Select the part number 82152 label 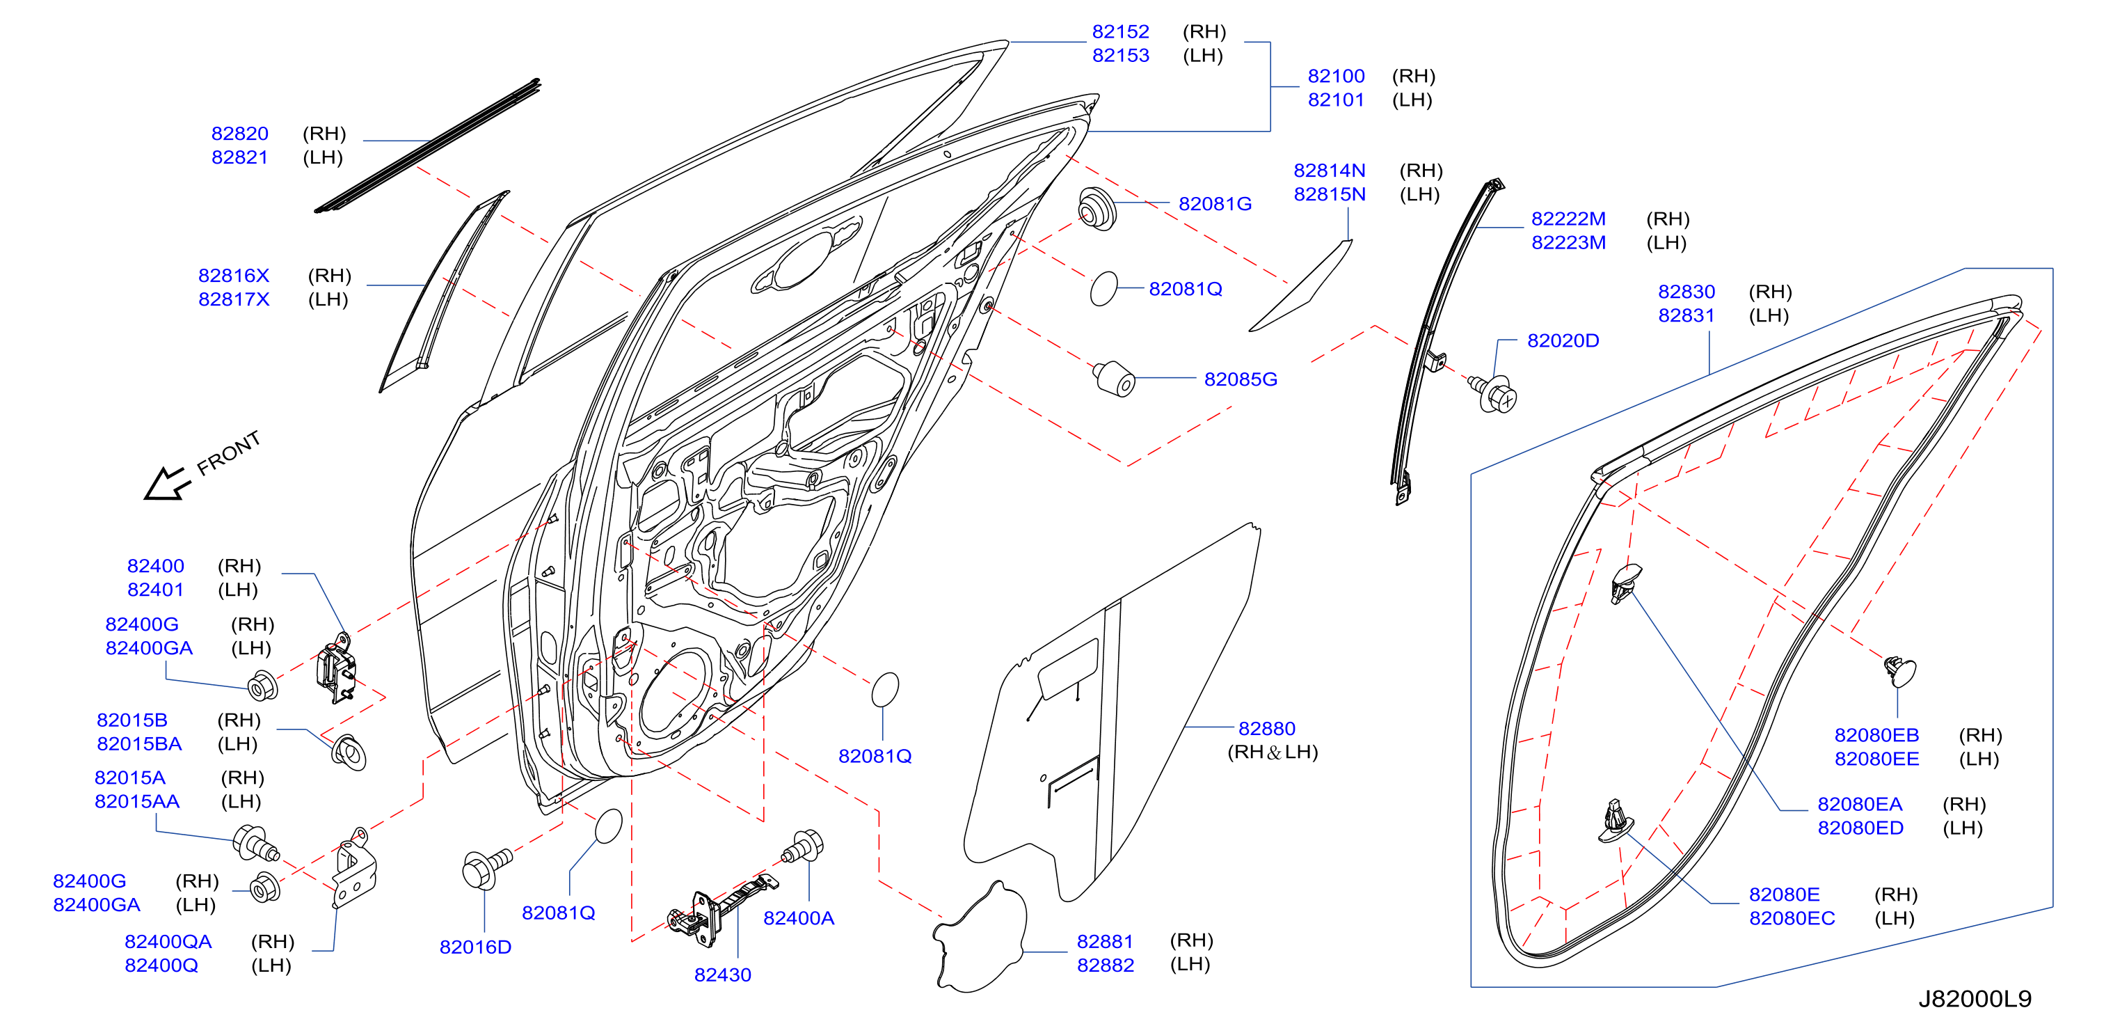(x=1120, y=32)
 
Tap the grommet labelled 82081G (x=1097, y=210)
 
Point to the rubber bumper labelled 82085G (x=1114, y=377)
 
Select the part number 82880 (x=1266, y=729)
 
